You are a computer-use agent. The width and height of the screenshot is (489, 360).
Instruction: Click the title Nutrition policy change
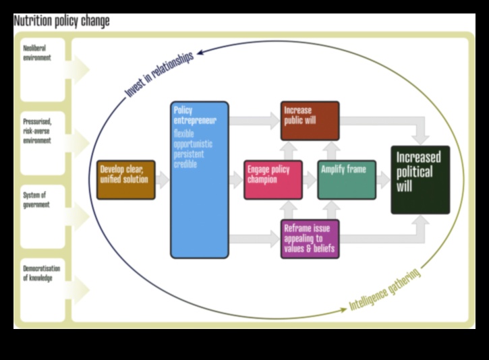[61, 22]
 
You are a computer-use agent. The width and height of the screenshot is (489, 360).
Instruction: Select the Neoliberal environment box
[43, 69]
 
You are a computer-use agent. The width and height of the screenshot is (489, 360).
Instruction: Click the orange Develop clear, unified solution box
[125, 179]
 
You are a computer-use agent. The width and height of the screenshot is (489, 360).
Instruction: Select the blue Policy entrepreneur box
[199, 179]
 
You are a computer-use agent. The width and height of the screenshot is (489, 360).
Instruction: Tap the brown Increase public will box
[310, 121]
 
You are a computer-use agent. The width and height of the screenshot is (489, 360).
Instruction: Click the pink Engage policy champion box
[273, 179]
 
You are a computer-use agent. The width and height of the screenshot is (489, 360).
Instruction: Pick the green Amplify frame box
[347, 179]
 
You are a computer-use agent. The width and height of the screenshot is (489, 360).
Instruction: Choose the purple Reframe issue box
[310, 239]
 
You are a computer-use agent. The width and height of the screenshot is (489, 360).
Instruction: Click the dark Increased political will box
[420, 179]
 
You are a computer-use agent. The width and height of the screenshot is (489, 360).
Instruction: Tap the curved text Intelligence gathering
[385, 290]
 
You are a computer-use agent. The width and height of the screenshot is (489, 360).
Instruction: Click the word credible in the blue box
[186, 164]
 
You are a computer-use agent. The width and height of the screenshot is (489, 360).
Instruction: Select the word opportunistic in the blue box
[193, 144]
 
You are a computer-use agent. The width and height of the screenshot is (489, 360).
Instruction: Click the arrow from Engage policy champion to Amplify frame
[310, 180]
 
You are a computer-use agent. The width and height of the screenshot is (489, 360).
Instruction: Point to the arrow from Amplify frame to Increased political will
[384, 180]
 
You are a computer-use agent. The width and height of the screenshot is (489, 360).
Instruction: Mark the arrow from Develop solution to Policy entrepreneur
[163, 180]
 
